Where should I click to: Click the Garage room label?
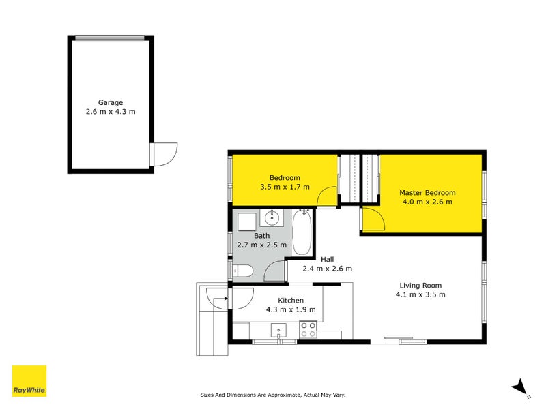click(109, 102)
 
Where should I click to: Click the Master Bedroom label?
click(427, 193)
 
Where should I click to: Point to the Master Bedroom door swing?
click(372, 219)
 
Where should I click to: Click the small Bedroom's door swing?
click(327, 196)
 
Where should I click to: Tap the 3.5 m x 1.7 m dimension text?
click(285, 187)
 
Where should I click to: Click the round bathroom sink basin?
click(271, 219)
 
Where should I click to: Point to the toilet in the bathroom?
click(245, 271)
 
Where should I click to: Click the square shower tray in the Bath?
click(246, 220)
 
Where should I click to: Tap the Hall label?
click(328, 259)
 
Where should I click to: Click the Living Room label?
click(420, 286)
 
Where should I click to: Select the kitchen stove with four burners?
click(308, 329)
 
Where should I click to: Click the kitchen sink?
click(279, 331)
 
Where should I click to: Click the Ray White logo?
click(29, 381)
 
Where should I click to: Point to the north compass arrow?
click(520, 387)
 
